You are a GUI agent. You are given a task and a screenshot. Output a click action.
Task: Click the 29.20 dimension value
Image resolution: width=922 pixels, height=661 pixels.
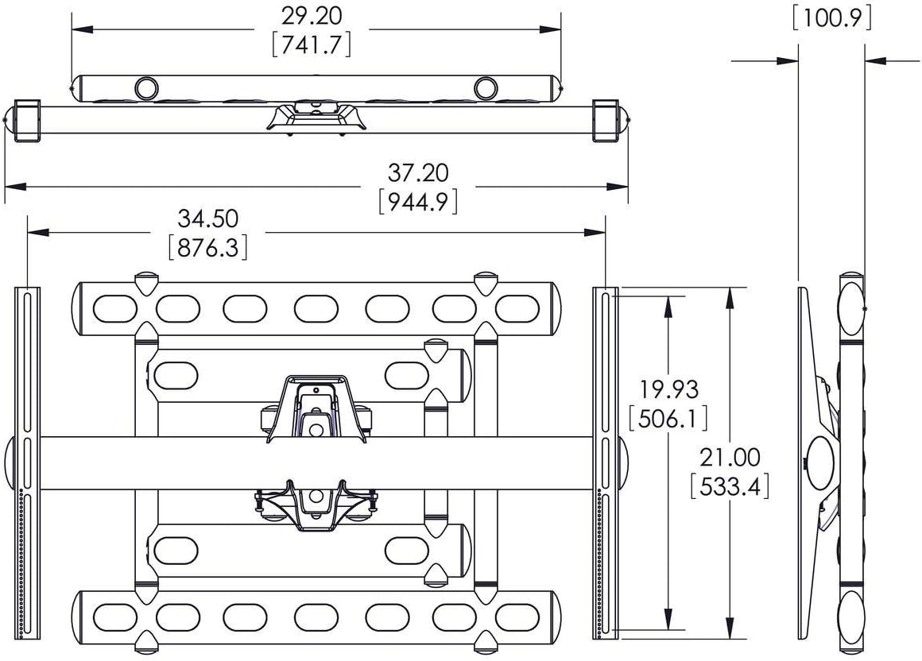click(x=311, y=16)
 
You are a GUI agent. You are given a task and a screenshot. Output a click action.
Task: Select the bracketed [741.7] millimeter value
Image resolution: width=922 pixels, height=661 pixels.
click(x=312, y=44)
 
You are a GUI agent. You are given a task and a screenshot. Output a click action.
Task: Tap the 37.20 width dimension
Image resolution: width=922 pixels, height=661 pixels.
click(x=418, y=172)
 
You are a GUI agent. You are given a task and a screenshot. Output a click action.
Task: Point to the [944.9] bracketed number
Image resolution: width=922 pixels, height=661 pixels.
click(x=418, y=201)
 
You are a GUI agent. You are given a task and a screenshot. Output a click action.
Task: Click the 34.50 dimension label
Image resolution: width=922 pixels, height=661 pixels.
click(x=208, y=218)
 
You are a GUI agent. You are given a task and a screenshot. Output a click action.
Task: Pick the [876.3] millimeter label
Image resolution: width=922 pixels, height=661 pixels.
click(x=208, y=247)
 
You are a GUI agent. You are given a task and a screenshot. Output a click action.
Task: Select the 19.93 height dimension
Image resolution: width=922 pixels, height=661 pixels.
click(x=669, y=389)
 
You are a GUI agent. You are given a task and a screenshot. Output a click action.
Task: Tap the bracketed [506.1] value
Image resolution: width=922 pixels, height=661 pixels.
click(x=668, y=419)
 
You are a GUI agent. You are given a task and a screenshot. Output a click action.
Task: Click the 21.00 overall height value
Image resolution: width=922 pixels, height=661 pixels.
click(x=730, y=458)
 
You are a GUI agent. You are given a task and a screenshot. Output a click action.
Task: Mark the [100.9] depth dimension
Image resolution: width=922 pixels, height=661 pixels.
click(x=832, y=18)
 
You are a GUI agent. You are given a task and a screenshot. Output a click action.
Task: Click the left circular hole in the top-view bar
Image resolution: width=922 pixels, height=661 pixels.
click(x=146, y=88)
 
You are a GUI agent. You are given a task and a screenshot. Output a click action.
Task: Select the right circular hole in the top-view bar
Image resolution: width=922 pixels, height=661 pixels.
click(x=486, y=88)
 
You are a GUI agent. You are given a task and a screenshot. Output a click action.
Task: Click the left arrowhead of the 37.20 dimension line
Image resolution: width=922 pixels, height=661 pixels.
click(x=15, y=187)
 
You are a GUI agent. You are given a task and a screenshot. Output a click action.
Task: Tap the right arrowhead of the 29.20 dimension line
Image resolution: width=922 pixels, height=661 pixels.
click(x=550, y=29)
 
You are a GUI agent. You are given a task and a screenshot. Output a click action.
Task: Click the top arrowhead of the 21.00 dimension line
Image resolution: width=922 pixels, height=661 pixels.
click(x=730, y=298)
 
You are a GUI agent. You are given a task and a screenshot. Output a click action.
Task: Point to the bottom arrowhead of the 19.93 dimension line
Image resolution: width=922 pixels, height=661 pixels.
click(x=668, y=619)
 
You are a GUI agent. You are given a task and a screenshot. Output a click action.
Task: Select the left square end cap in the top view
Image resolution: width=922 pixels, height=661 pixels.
click(x=27, y=121)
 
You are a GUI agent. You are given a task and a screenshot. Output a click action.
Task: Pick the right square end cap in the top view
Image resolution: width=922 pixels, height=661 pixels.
click(x=606, y=121)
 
